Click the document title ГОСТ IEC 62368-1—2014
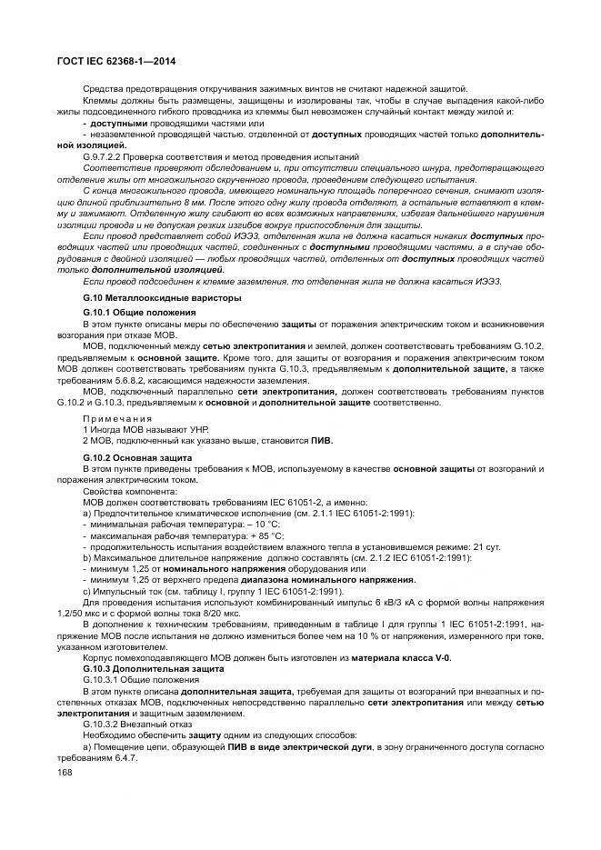(113, 60)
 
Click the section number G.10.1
(96, 312)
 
